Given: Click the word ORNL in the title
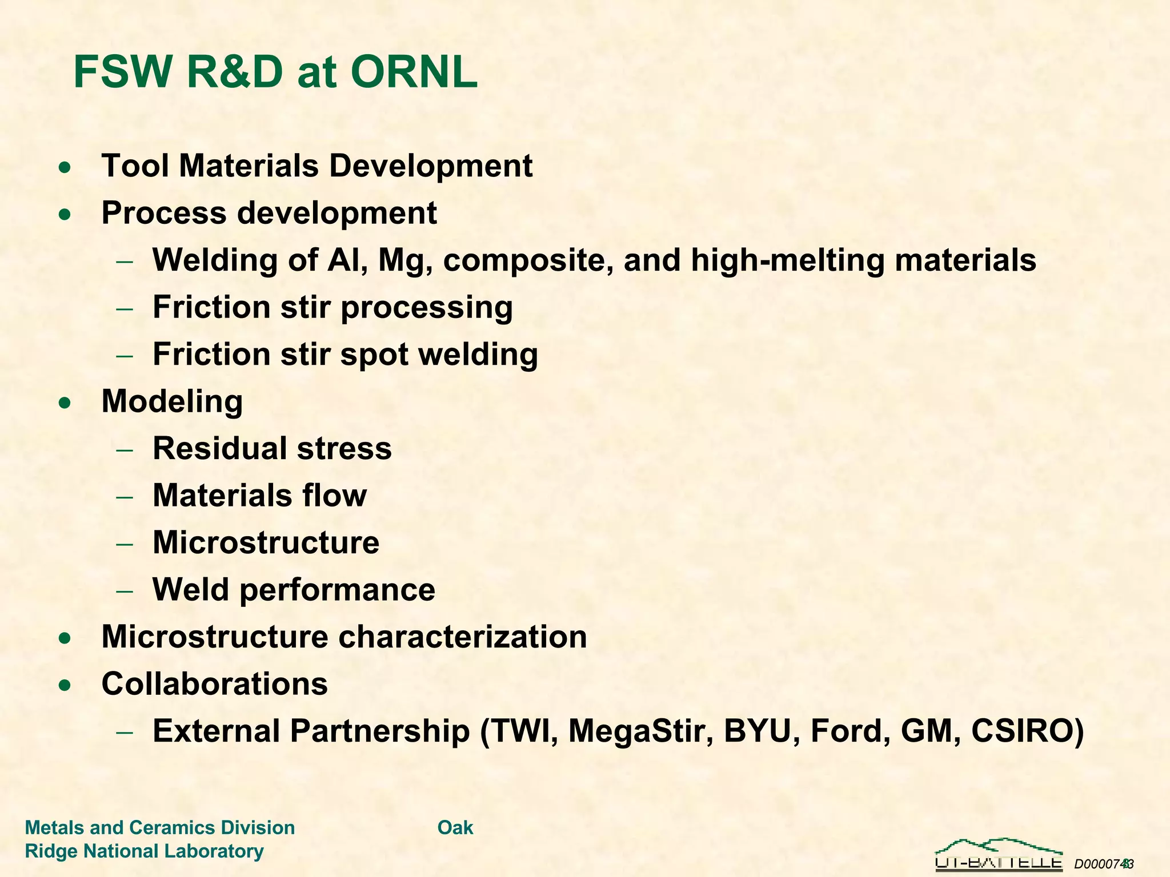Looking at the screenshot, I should click(414, 73).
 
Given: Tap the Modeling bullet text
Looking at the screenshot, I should click(172, 401).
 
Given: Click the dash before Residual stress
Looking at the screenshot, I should click(125, 449).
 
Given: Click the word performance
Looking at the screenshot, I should click(337, 590).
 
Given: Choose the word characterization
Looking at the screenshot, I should click(463, 637).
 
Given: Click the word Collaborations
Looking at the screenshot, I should click(214, 683).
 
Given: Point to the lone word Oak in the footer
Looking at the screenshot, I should click(455, 827).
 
